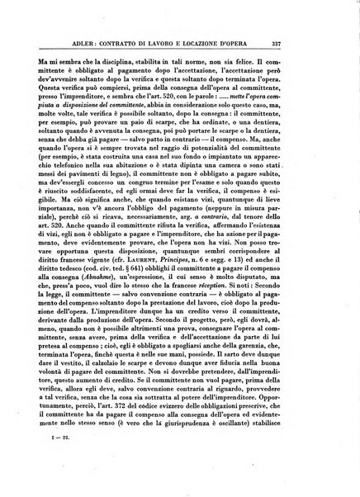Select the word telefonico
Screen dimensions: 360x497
[82, 161]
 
